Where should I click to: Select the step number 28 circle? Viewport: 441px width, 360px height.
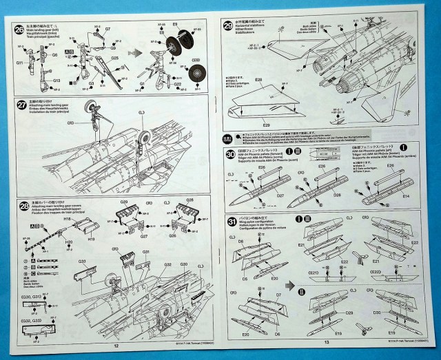19,206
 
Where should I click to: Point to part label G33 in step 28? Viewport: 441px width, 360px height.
82,262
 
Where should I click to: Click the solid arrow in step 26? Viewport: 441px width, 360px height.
136,52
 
